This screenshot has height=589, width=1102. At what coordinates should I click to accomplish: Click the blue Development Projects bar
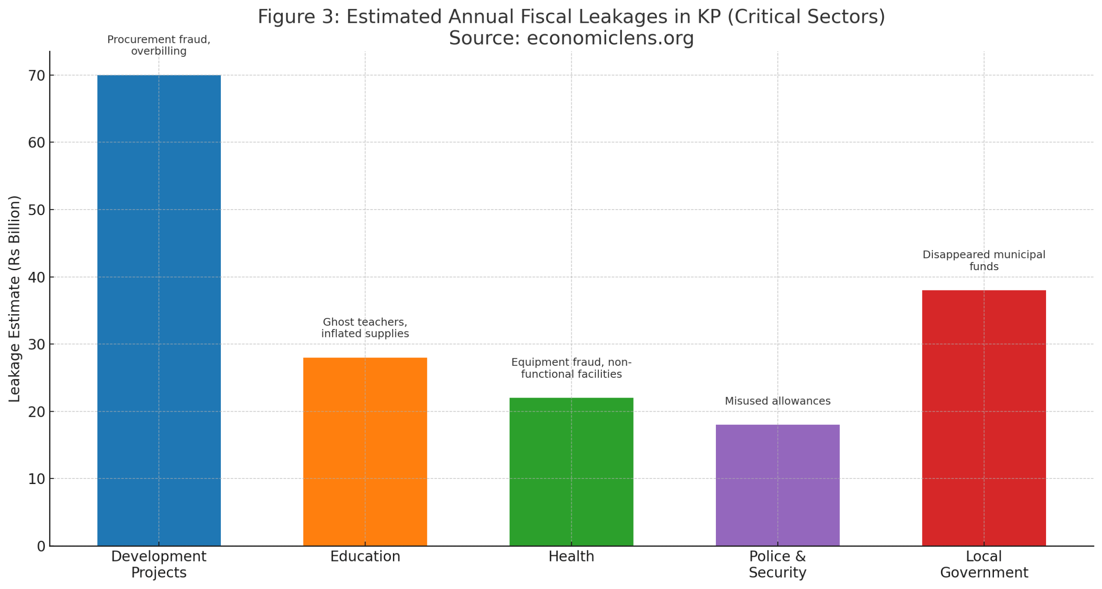pos(159,310)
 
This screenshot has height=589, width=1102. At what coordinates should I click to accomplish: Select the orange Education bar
pos(365,451)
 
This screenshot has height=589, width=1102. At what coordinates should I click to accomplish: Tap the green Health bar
pos(571,472)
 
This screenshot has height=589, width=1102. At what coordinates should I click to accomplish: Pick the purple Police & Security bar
pos(777,485)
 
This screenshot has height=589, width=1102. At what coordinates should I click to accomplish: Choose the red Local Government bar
pos(984,418)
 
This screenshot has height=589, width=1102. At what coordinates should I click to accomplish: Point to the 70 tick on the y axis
pos(37,76)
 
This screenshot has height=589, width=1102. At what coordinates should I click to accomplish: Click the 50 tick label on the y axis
pos(37,210)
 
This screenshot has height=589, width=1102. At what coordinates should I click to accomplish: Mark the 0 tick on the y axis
pos(41,546)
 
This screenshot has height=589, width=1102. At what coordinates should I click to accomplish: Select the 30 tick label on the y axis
pos(37,345)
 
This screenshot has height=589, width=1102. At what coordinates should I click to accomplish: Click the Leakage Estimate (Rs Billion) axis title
pos(15,299)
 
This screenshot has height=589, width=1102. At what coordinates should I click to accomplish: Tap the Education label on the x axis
pos(365,556)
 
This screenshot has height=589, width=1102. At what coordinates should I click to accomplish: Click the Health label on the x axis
pos(571,556)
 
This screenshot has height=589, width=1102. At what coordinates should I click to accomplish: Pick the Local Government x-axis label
pos(984,564)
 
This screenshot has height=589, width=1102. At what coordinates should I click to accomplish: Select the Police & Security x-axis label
pos(777,564)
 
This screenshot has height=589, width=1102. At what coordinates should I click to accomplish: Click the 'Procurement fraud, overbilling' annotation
pos(159,45)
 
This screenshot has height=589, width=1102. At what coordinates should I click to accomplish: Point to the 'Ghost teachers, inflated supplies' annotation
pos(365,328)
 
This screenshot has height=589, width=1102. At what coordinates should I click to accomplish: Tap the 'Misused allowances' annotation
pos(777,401)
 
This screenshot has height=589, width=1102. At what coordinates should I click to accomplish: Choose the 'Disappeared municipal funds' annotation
pos(984,260)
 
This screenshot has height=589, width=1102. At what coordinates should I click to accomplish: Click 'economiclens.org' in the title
pos(610,38)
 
